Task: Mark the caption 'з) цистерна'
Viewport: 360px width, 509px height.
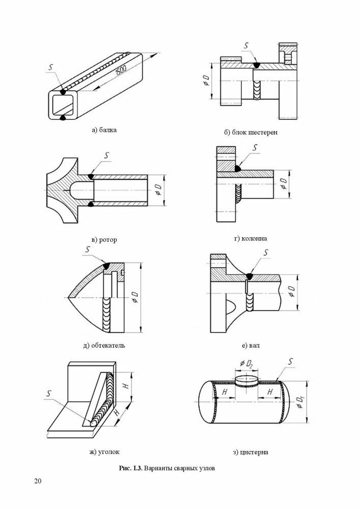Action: coord(251,452)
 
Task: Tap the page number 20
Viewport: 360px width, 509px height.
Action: coord(38,482)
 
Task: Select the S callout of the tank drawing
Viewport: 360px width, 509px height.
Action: coord(289,362)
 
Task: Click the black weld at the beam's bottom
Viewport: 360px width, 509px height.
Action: coord(62,118)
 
